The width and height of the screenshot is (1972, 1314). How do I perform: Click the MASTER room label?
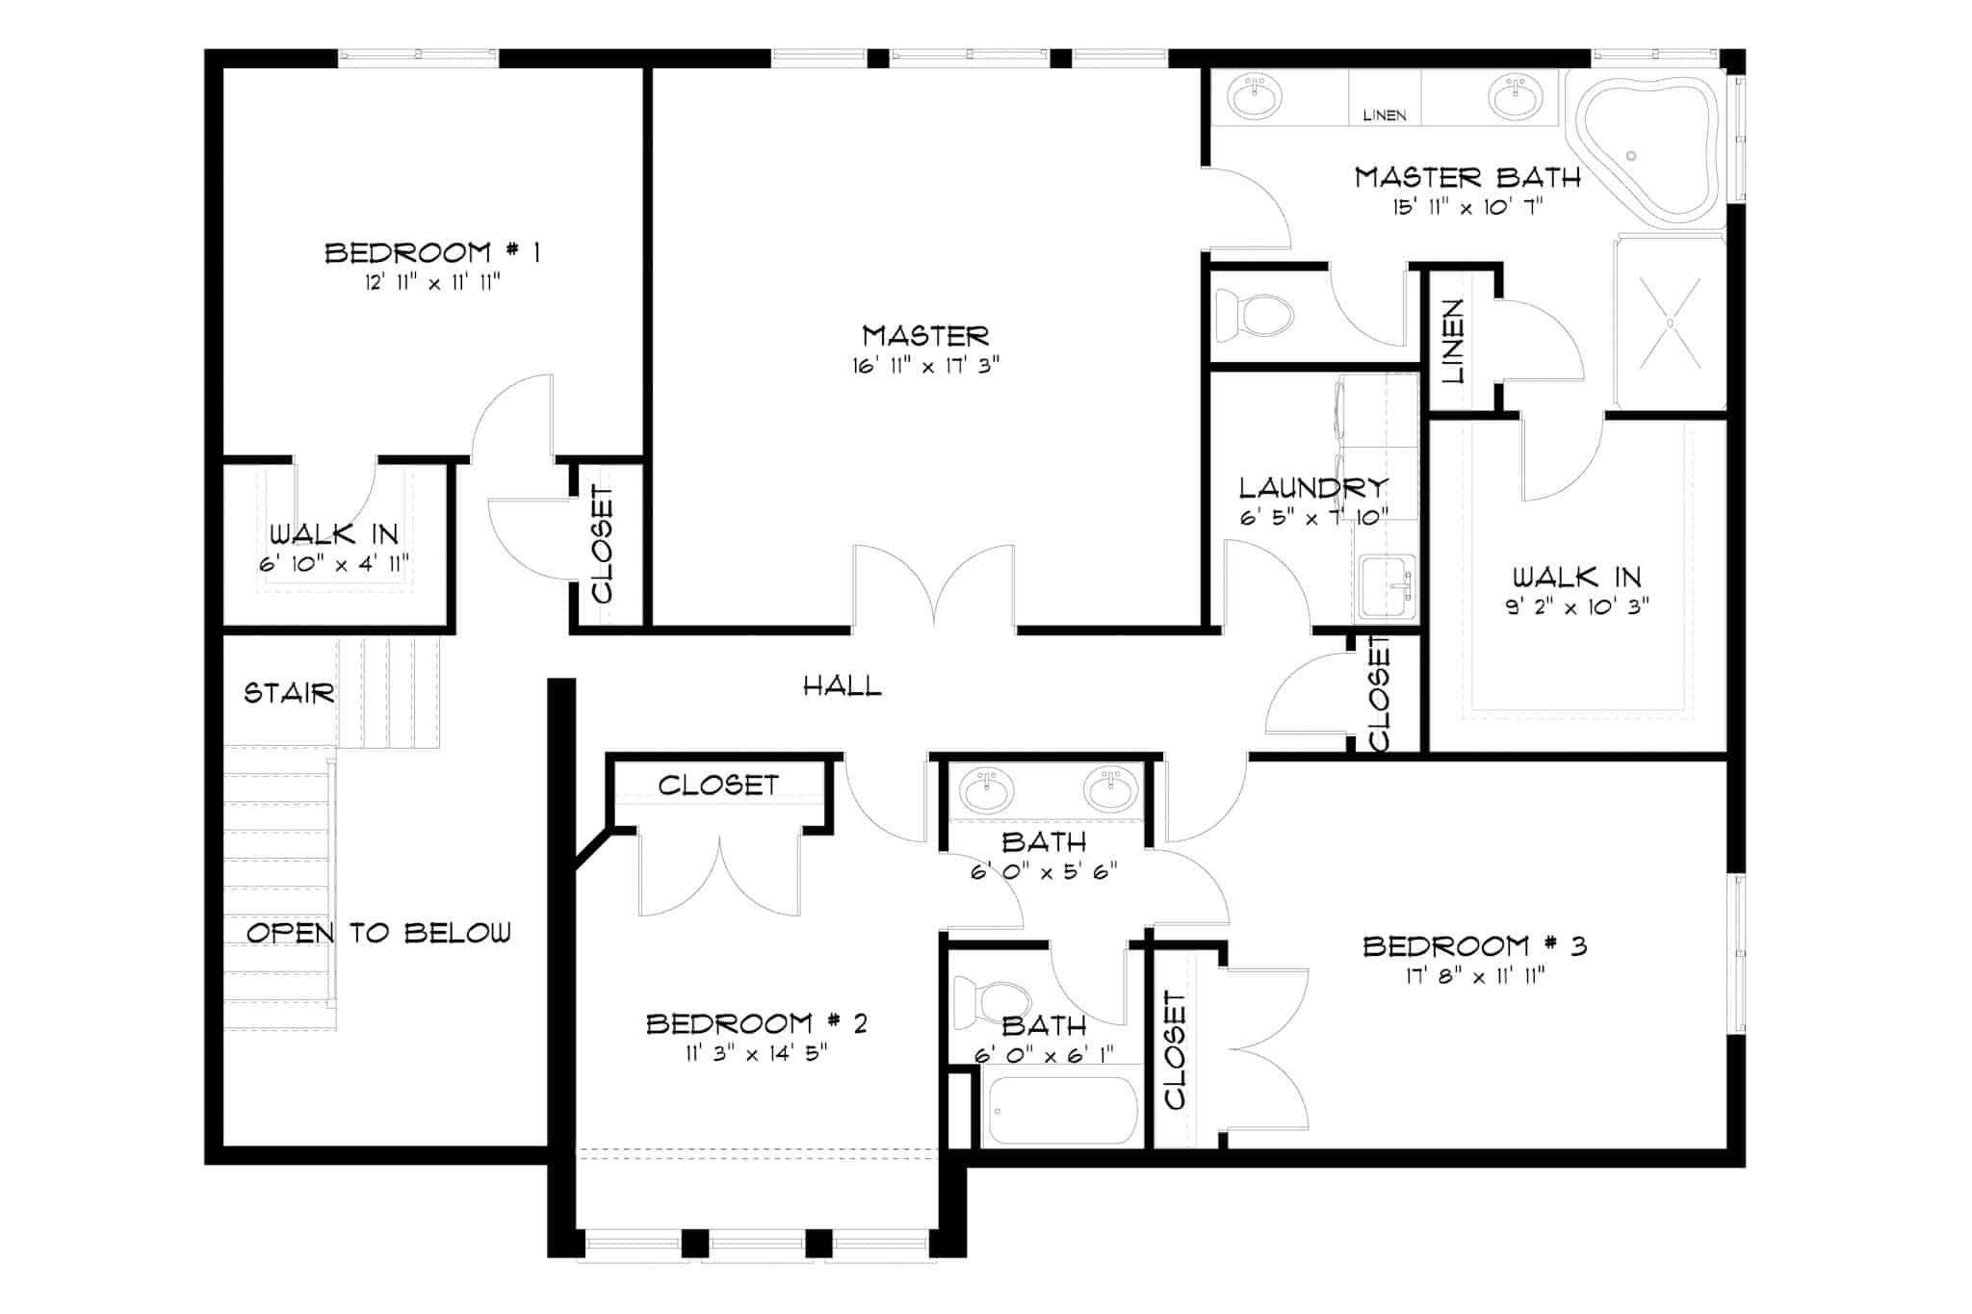[925, 336]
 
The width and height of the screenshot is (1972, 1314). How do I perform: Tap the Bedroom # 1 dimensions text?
[432, 282]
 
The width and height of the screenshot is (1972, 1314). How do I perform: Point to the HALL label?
[843, 686]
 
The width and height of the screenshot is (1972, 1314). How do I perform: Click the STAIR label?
[289, 693]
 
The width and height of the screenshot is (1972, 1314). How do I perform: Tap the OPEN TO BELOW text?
[378, 933]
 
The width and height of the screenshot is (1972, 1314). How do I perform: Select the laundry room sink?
[1386, 586]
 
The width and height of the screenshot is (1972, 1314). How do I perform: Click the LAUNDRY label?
[1313, 488]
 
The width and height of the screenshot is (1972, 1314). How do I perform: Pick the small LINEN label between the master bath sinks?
[1385, 116]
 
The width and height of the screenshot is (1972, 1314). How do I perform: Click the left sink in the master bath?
[1255, 97]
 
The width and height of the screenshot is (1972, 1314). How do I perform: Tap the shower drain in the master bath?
[1670, 323]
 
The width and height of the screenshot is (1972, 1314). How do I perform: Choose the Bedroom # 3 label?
[1474, 946]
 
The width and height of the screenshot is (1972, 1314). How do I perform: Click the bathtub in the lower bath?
[1064, 1110]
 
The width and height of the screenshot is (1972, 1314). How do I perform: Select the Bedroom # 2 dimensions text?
[756, 1053]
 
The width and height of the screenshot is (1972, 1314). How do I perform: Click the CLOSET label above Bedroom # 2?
[718, 786]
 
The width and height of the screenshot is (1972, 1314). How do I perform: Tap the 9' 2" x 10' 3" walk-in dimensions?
[1577, 606]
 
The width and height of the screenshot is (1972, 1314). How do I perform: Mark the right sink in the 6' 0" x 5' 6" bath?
[1111, 790]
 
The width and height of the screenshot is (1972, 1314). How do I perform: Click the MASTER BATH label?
[1467, 177]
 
